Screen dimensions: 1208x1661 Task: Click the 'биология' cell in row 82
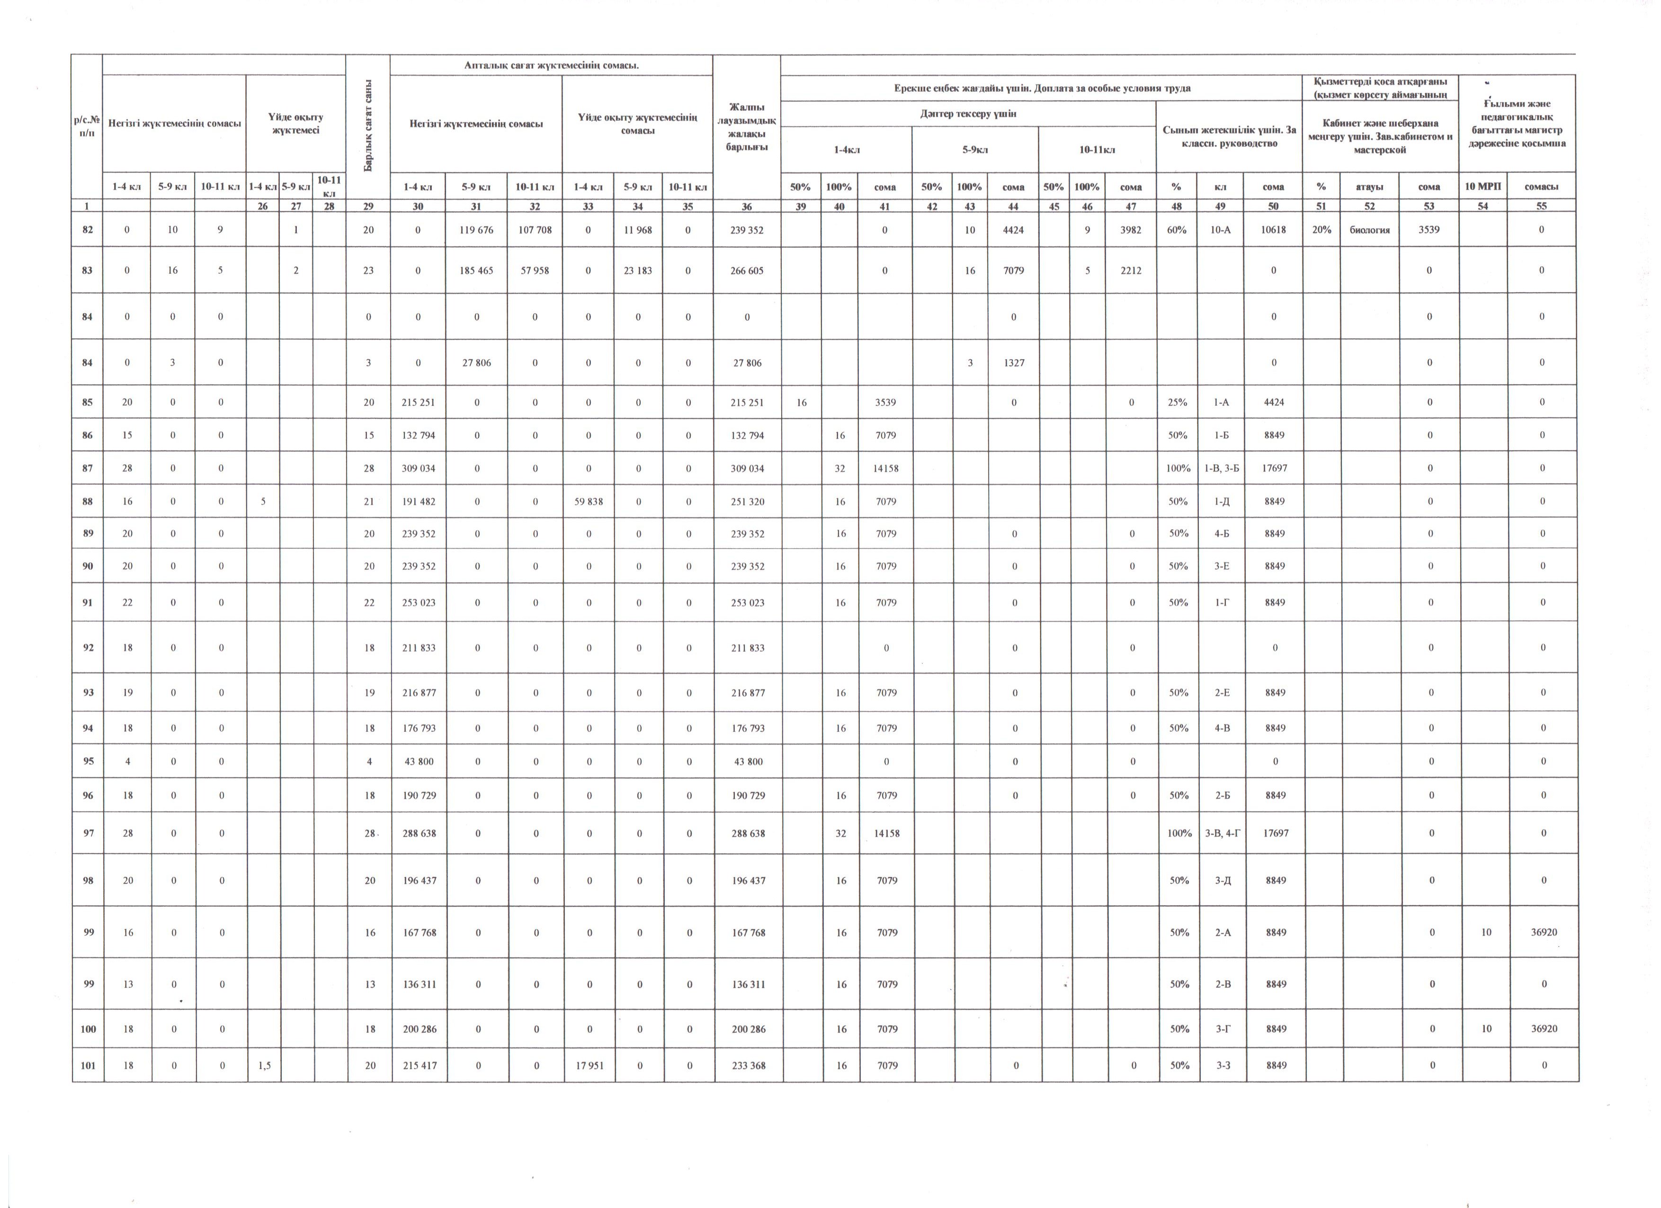[x=1369, y=229]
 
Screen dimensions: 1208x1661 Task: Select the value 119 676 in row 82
[x=476, y=229]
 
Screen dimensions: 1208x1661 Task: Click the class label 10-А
[x=1220, y=229]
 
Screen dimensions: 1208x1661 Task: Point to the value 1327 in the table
[x=1014, y=362]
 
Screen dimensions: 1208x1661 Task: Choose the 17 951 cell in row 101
[x=589, y=1065]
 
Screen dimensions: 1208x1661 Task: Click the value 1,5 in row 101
[x=264, y=1065]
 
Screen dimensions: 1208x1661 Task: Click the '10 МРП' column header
[x=1482, y=186]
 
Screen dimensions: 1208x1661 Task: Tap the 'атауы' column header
[x=1369, y=186]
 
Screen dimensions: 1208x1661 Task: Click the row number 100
[x=88, y=1028]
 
